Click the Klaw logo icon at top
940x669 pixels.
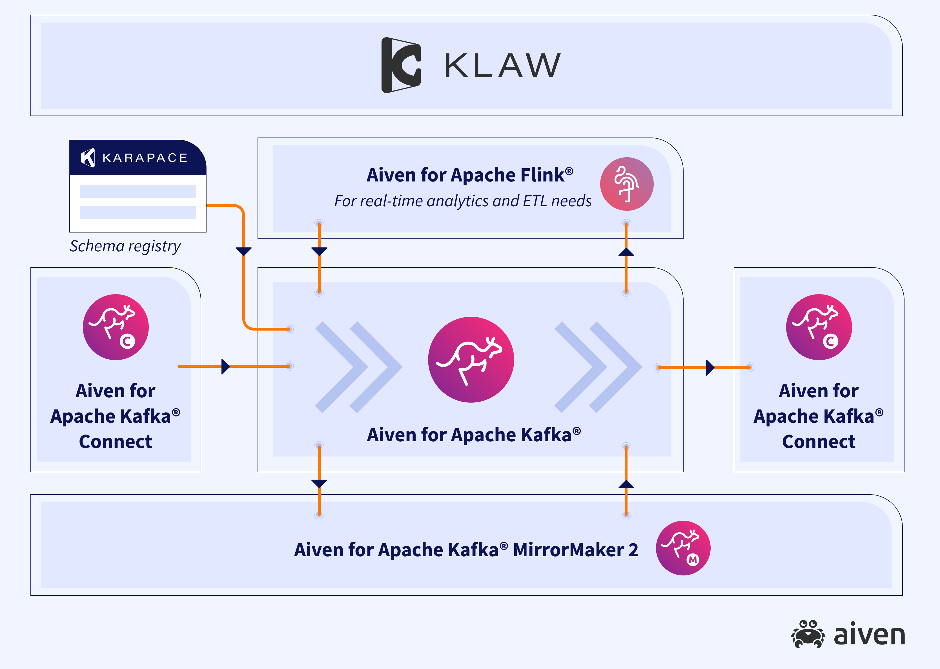[401, 65]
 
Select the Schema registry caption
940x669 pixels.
[125, 246]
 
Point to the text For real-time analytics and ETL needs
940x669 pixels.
[463, 201]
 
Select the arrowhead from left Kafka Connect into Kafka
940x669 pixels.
[225, 366]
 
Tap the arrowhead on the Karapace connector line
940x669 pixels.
[243, 251]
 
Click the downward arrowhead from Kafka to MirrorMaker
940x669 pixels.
[319, 483]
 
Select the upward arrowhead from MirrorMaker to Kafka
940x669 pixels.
[626, 484]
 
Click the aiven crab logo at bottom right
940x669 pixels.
[807, 634]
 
